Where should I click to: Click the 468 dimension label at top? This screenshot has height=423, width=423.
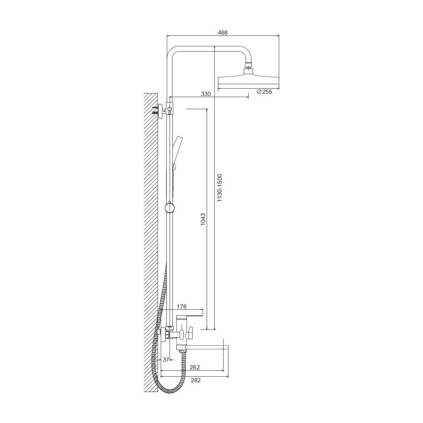tap(223, 33)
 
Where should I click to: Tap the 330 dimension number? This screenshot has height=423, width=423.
tap(206, 94)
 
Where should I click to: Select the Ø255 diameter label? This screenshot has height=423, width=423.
tap(264, 92)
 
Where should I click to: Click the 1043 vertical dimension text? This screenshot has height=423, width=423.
tap(203, 219)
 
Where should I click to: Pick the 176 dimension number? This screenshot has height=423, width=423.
tap(182, 307)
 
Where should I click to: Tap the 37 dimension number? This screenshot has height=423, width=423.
tap(166, 360)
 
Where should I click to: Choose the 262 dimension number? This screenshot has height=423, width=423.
tap(195, 367)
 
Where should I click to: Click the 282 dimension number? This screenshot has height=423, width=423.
tap(195, 380)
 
